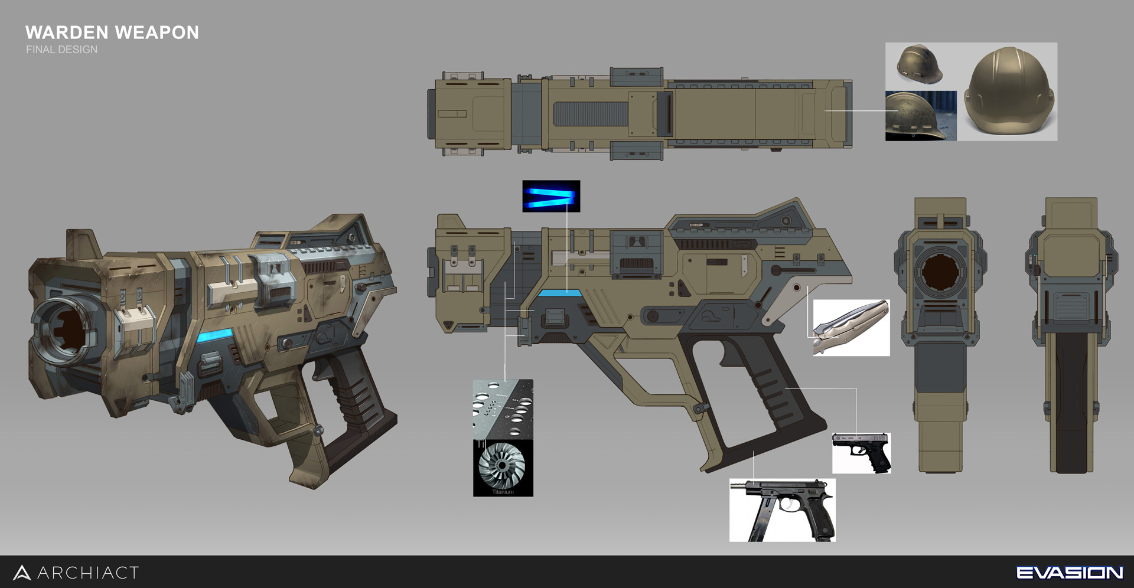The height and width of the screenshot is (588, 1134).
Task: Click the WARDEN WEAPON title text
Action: pyautogui.click(x=112, y=32)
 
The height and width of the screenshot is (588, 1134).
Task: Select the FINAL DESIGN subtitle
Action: pyautogui.click(x=61, y=50)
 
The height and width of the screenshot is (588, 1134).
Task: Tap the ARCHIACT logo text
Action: pyautogui.click(x=88, y=573)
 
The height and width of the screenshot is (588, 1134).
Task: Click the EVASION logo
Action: pyautogui.click(x=1069, y=572)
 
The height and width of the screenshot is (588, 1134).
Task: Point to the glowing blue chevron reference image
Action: pyautogui.click(x=551, y=197)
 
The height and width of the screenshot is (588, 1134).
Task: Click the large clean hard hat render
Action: pyautogui.click(x=1006, y=92)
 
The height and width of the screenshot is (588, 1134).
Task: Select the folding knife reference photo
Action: pyautogui.click(x=851, y=328)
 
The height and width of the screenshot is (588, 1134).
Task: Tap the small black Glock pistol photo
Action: pyautogui.click(x=861, y=453)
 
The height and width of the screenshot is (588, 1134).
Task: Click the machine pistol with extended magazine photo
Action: pyautogui.click(x=782, y=510)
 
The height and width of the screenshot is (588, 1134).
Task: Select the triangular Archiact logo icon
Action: pyautogui.click(x=22, y=573)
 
